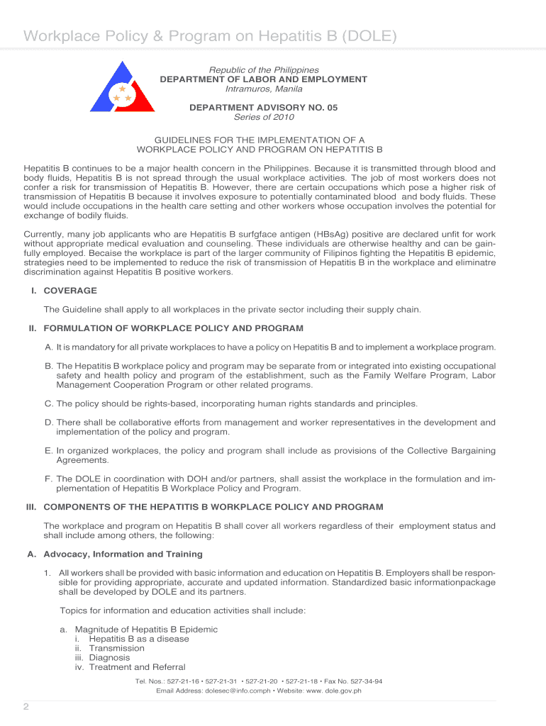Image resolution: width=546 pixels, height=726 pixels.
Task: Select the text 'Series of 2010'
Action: pos(263,118)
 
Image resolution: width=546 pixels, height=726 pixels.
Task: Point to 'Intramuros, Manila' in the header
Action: pos(263,89)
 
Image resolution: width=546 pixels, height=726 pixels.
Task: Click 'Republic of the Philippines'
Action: pos(263,70)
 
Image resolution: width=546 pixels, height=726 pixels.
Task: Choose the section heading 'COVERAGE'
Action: pos(70,291)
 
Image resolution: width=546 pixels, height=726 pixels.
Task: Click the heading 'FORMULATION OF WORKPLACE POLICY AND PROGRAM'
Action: pos(173,328)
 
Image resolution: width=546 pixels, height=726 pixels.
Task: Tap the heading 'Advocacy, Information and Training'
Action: pos(123,554)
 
